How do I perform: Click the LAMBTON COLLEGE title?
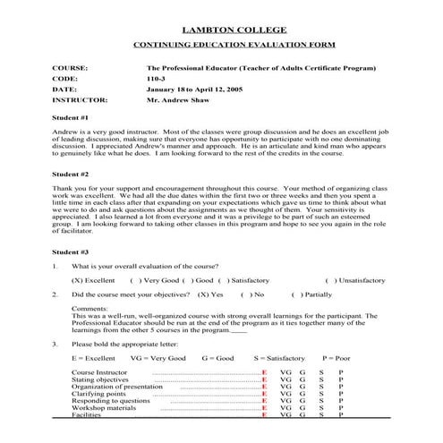pyautogui.click(x=221, y=29)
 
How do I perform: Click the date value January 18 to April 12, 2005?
pyautogui.click(x=193, y=89)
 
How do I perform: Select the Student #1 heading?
pyautogui.click(x=70, y=118)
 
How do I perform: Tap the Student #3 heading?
pyautogui.click(x=70, y=252)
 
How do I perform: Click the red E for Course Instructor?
pyautogui.click(x=264, y=371)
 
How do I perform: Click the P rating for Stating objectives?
pyautogui.click(x=340, y=379)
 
